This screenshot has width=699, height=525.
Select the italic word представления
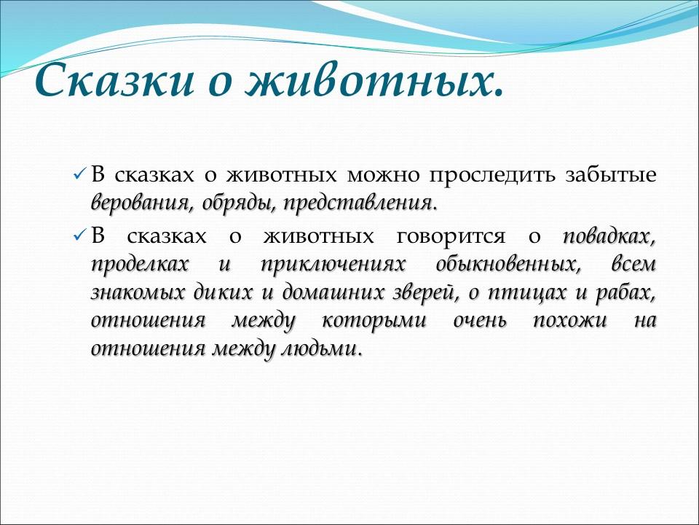pyautogui.click(x=360, y=202)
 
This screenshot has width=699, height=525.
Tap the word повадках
pyautogui.click(x=609, y=237)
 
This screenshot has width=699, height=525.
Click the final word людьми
pyautogui.click(x=320, y=349)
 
